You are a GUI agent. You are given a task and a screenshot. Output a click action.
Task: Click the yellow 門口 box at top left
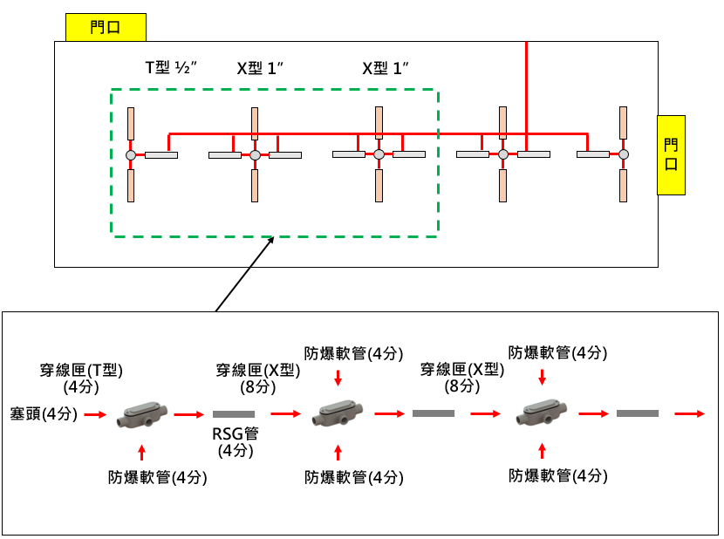pyautogui.click(x=106, y=28)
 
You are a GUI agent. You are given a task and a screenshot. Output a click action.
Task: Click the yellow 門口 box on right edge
pyautogui.click(x=671, y=154)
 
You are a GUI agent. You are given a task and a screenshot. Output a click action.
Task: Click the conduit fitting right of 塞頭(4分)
pyautogui.click(x=140, y=413)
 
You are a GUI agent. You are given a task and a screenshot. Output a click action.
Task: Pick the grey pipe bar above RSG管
pyautogui.click(x=234, y=414)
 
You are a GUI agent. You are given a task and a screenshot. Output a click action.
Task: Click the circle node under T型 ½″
pyautogui.click(x=130, y=155)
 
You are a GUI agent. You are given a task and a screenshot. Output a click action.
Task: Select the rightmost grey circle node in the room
pyautogui.click(x=624, y=155)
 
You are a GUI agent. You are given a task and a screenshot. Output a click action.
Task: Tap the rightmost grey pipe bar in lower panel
pyautogui.click(x=637, y=413)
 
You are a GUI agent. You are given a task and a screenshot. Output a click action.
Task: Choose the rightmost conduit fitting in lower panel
pyautogui.click(x=543, y=413)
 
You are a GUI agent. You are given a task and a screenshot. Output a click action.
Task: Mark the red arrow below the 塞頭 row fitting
pyautogui.click(x=141, y=451)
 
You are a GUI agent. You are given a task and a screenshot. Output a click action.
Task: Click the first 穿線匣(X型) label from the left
pyautogui.click(x=258, y=377)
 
